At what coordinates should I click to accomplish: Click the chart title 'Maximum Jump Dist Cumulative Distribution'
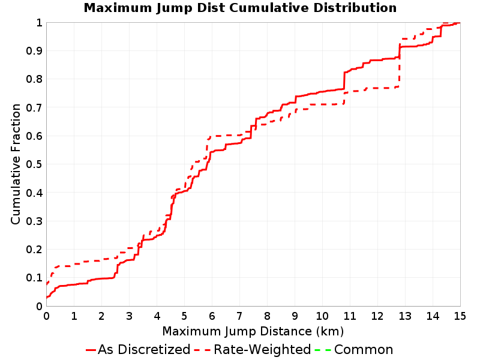pos(240,8)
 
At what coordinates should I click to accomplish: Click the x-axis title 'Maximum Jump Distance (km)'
pos(253,331)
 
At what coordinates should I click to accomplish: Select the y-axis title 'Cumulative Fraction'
pos(16,164)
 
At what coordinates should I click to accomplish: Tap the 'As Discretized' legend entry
pos(138,349)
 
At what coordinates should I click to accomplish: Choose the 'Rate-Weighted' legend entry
pos(253,349)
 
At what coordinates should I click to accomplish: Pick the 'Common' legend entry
pos(354,349)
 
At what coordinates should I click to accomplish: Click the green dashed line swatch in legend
pos(323,350)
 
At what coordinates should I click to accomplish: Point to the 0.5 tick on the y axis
pos(34,164)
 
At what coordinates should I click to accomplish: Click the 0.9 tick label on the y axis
pos(34,50)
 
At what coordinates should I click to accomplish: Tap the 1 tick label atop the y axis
pos(39,22)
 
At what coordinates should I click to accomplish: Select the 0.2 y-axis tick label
pos(34,249)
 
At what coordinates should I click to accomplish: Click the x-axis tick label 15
pos(460,316)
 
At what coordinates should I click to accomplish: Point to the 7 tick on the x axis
pos(239,316)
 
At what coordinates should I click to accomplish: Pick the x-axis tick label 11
pos(350,316)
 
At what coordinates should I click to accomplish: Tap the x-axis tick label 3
pos(129,316)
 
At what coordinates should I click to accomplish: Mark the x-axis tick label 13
pos(404,316)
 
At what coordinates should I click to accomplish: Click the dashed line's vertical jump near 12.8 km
pos(400,63)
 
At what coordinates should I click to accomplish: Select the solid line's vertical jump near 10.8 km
pos(344,81)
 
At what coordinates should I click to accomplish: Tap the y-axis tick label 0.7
pos(34,107)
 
